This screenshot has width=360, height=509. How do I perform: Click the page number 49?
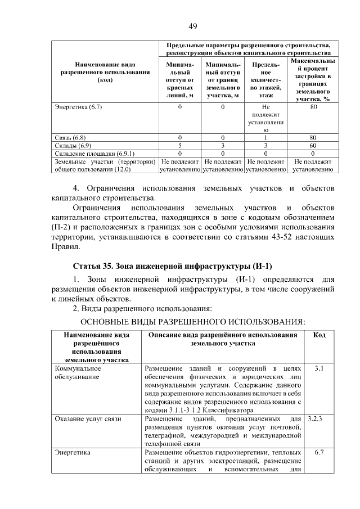coord(192,26)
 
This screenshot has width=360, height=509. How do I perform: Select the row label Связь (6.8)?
coord(70,137)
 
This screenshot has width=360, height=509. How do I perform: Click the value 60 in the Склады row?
coord(313,145)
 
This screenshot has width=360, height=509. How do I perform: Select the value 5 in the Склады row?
coord(180,145)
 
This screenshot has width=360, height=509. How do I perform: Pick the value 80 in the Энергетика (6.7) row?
coord(313,106)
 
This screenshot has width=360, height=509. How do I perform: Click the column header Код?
coord(319,335)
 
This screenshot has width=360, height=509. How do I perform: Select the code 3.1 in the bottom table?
coord(319,368)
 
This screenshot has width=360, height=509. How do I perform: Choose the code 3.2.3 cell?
coord(319,419)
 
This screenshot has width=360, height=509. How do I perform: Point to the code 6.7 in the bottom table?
coord(319,452)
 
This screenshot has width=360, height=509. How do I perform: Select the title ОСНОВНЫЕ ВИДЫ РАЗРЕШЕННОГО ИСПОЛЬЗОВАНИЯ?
coord(193,321)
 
